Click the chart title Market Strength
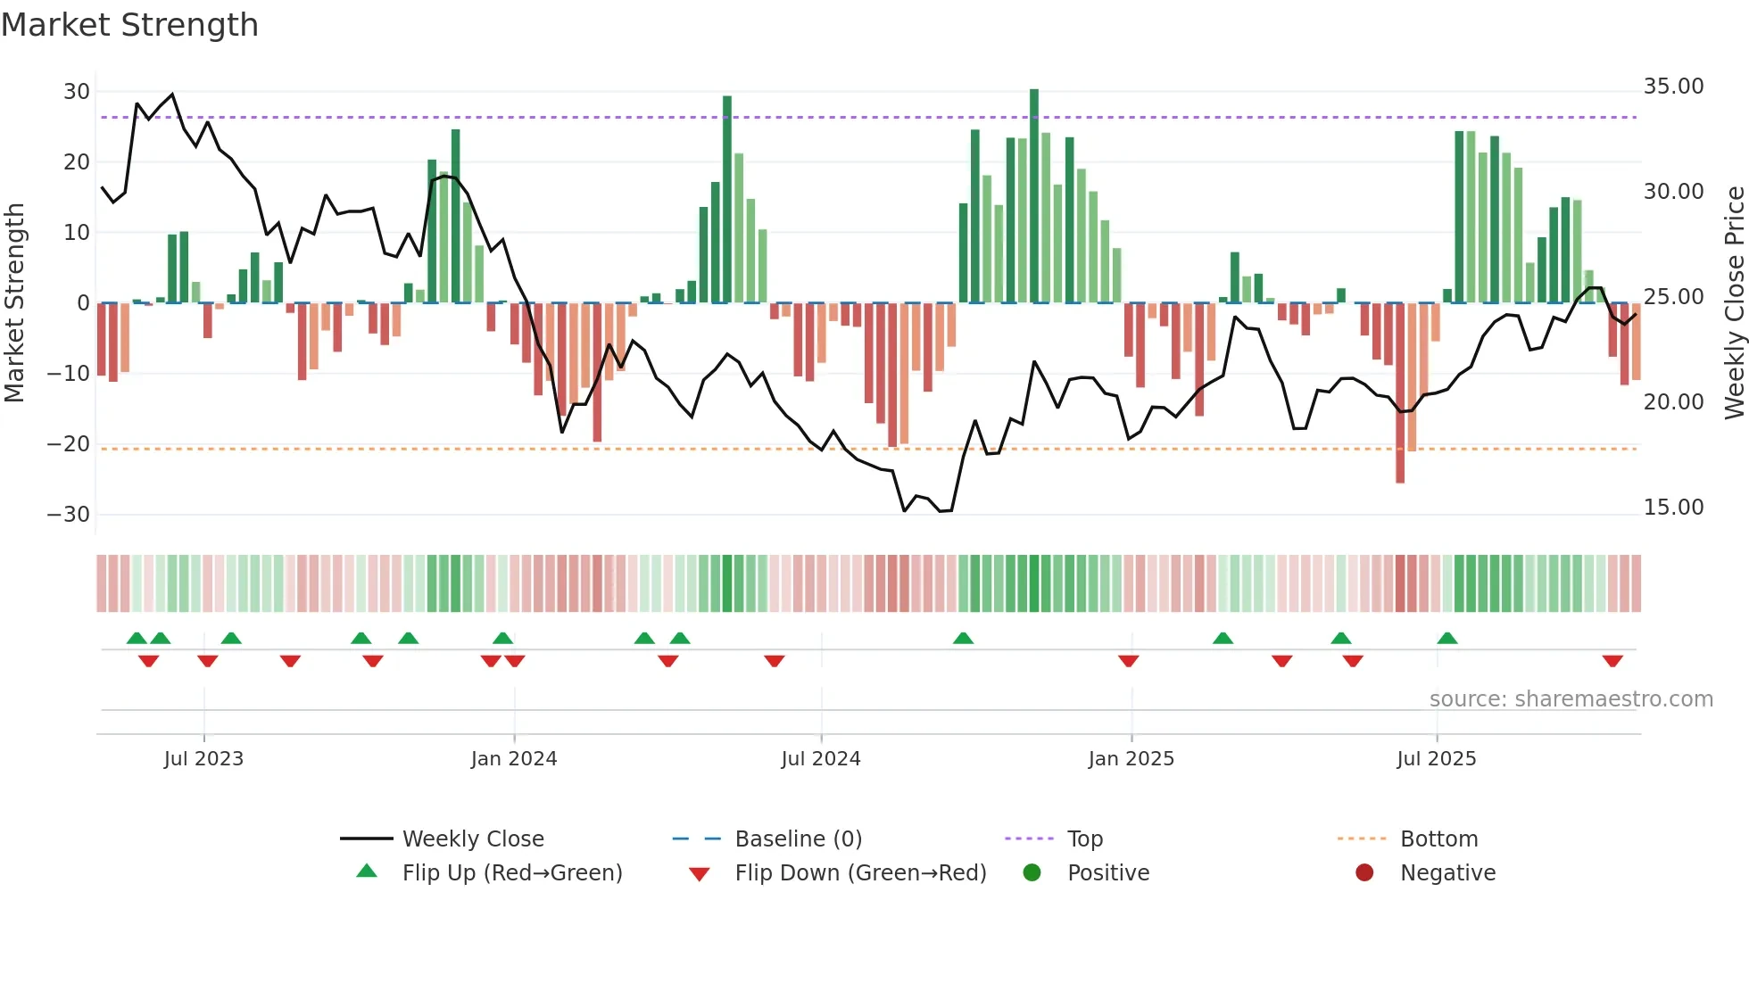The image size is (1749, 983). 129,25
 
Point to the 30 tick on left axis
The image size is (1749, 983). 77,92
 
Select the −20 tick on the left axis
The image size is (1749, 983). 69,444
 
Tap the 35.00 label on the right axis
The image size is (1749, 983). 1673,87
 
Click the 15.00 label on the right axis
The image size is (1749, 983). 1673,508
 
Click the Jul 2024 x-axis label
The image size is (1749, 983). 820,759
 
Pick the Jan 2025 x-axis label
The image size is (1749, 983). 1131,759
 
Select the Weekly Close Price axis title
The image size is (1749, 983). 1734,302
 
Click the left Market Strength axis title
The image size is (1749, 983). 15,302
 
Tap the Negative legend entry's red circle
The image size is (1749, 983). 1364,873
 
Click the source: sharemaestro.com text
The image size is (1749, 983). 1571,699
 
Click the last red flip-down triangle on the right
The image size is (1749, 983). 1612,661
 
